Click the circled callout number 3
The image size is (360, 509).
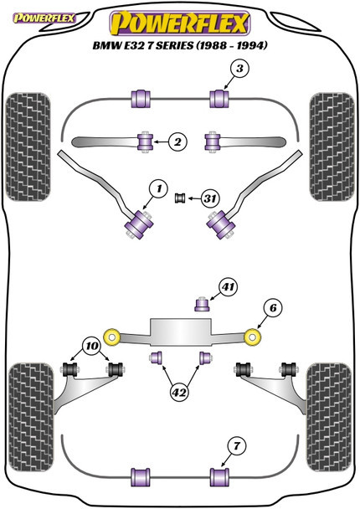click(x=239, y=69)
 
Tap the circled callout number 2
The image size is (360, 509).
click(x=177, y=141)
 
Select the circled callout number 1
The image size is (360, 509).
click(x=158, y=189)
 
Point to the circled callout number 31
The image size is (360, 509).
click(x=210, y=198)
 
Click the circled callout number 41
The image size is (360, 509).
click(x=229, y=287)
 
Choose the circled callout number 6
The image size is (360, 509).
click(x=273, y=308)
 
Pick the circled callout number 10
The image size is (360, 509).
click(x=92, y=346)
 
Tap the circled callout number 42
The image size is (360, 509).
click(x=179, y=393)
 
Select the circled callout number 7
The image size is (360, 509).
click(x=237, y=446)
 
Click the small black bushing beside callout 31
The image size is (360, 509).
click(x=180, y=198)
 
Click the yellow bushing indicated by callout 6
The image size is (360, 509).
click(x=253, y=337)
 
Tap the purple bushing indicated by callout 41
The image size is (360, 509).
click(x=202, y=304)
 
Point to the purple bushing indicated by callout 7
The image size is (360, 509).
click(x=219, y=477)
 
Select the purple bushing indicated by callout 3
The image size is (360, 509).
click(x=219, y=98)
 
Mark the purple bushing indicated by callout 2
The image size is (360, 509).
click(x=145, y=141)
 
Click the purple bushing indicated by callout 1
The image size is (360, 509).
click(x=139, y=224)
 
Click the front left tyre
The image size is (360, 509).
click(x=28, y=147)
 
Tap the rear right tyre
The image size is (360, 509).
click(x=330, y=418)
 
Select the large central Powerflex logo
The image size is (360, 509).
click(x=180, y=23)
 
